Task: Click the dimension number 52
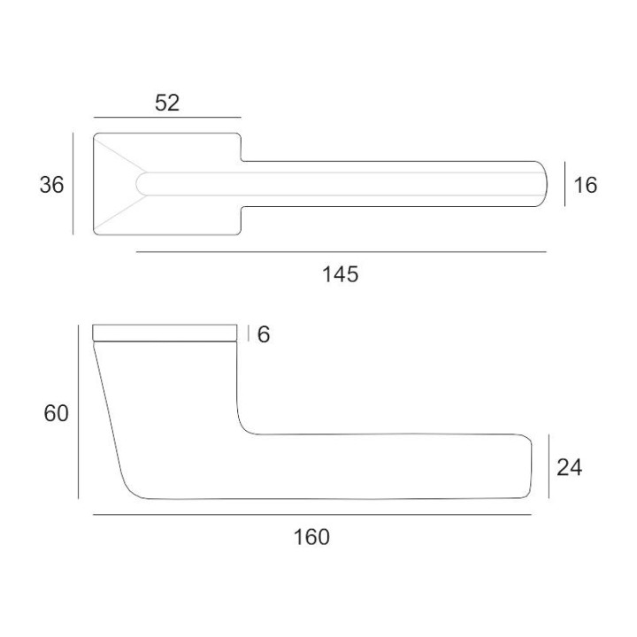(167, 103)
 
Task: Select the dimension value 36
(51, 185)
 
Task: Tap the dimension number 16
(586, 185)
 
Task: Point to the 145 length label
(341, 274)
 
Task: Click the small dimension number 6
(264, 334)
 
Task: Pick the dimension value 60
(56, 413)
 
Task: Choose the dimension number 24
(570, 467)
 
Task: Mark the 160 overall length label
(311, 537)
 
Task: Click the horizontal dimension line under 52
(167, 118)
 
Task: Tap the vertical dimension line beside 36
(73, 184)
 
